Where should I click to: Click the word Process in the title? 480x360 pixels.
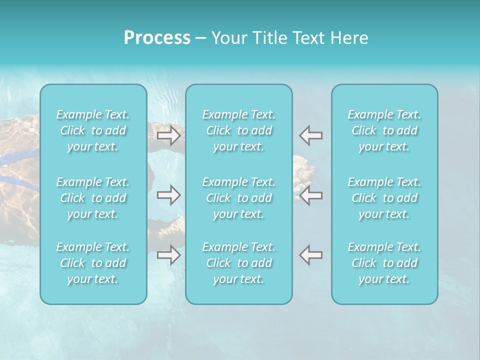(157, 38)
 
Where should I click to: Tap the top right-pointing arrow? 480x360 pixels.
(168, 135)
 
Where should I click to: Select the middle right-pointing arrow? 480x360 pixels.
(168, 195)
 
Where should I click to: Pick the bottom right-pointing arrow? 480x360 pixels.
(168, 255)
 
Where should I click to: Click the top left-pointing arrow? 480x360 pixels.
(311, 135)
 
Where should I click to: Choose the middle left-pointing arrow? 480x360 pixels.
(311, 195)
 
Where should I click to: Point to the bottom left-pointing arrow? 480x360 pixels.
(311, 255)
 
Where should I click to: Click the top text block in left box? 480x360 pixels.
(93, 130)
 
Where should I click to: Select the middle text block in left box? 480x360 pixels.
(93, 198)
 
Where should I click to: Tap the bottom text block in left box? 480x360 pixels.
(93, 263)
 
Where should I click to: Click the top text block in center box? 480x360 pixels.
(239, 130)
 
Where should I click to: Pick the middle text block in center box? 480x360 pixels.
(239, 198)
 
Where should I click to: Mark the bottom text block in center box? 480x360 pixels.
(239, 263)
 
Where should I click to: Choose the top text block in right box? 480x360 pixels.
(384, 130)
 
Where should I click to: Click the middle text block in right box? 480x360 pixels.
(384, 198)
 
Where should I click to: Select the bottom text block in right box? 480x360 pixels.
(384, 263)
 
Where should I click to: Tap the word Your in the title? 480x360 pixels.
(228, 38)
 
